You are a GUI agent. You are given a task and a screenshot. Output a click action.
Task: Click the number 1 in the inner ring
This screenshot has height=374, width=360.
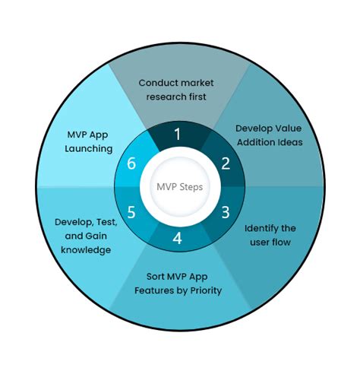[x=177, y=135]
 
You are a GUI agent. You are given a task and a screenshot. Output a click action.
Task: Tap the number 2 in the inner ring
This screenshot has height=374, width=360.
[x=225, y=163]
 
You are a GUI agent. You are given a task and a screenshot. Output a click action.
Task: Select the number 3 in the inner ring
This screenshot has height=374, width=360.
[x=225, y=212]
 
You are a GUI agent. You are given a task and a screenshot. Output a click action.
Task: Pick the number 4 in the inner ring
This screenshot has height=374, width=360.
[x=178, y=238]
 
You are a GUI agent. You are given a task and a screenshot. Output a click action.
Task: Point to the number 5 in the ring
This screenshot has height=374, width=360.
[x=131, y=212]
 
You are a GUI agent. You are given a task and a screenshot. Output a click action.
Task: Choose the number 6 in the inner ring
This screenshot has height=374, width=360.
[x=131, y=163]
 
